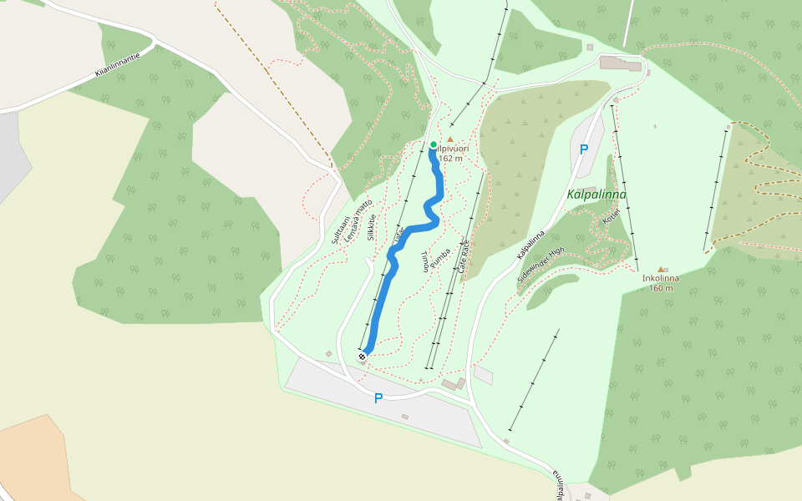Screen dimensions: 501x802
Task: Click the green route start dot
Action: [433, 145]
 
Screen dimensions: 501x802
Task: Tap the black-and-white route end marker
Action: [363, 357]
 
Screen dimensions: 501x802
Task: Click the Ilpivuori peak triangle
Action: [450, 139]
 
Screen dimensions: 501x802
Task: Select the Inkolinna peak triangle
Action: [662, 269]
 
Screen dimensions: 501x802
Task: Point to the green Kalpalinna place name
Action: [596, 195]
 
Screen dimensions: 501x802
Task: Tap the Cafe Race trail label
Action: [464, 256]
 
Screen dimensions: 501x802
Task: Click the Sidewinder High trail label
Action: [541, 265]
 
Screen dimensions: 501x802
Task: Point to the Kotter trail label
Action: [611, 217]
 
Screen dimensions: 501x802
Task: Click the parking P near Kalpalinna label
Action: [584, 149]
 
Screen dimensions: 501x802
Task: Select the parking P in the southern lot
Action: [378, 399]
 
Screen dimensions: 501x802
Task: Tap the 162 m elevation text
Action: [450, 159]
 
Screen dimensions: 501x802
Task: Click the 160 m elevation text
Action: [661, 289]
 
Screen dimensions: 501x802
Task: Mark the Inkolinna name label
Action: [661, 279]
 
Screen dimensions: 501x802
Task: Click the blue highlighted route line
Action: [382, 292]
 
